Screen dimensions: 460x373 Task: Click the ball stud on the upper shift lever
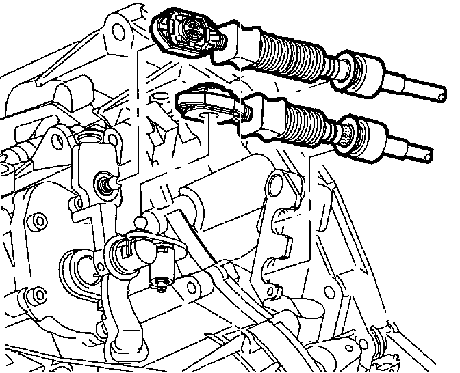[x=105, y=183]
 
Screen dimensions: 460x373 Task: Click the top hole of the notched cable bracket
[x=277, y=182]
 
